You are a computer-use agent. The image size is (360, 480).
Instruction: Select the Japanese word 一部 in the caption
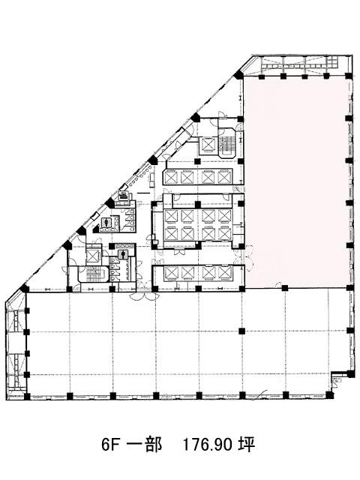coord(145,445)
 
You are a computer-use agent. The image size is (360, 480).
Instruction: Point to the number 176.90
coord(208,445)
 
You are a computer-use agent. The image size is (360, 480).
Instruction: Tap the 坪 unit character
coord(247,445)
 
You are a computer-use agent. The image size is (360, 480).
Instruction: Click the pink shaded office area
coord(296,182)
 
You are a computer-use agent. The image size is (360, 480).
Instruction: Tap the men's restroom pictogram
coord(124,255)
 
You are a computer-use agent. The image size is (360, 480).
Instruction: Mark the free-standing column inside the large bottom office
coord(241,331)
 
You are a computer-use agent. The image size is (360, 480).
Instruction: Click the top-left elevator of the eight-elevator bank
coord(171,216)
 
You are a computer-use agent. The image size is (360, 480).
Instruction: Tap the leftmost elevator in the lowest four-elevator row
coord(171,272)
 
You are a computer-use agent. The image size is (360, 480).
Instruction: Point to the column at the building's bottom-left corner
coord(27,396)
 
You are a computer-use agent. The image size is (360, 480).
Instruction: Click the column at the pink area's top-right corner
coord(349,76)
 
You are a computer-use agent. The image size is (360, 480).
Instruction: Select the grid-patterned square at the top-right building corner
coord(332,62)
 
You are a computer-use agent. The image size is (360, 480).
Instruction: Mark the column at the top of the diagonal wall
coord(238,74)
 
